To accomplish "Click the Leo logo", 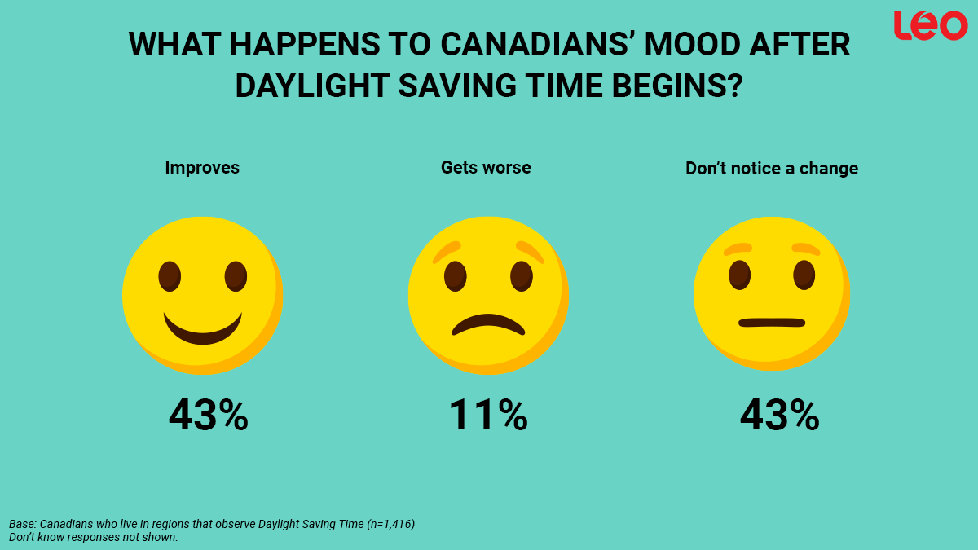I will [x=930, y=25].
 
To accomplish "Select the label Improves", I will [x=202, y=168].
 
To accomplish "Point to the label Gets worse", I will [x=486, y=168].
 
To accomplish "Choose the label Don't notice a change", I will [x=771, y=169].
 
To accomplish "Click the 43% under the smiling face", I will [x=208, y=416].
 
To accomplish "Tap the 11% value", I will [x=487, y=416].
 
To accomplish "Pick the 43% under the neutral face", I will [x=779, y=416].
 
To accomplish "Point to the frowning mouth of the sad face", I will [x=488, y=323].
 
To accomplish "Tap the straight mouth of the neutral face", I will [x=772, y=323].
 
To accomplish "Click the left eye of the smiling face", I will [x=170, y=276].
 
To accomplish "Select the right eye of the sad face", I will [x=522, y=276].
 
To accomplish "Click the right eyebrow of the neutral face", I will [x=805, y=249].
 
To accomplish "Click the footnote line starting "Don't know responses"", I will [x=93, y=538].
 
